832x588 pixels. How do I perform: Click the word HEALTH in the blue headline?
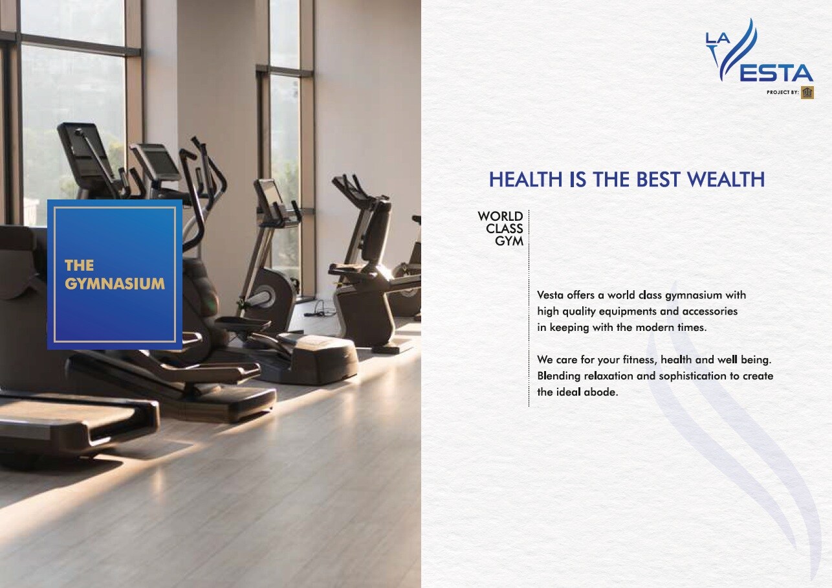[525, 179]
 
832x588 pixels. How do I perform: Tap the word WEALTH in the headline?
[726, 179]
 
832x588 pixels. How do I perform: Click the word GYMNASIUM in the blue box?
[115, 284]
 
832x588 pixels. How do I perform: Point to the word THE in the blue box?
[79, 266]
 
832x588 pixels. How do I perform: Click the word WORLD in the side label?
[500, 216]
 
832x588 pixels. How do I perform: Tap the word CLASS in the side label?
[505, 229]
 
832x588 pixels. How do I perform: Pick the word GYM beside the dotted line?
[509, 241]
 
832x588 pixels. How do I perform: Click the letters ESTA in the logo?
[776, 73]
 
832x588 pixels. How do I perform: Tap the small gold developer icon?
[807, 93]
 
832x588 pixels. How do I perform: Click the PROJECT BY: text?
[783, 93]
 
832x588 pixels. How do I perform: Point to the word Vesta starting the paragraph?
[550, 295]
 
